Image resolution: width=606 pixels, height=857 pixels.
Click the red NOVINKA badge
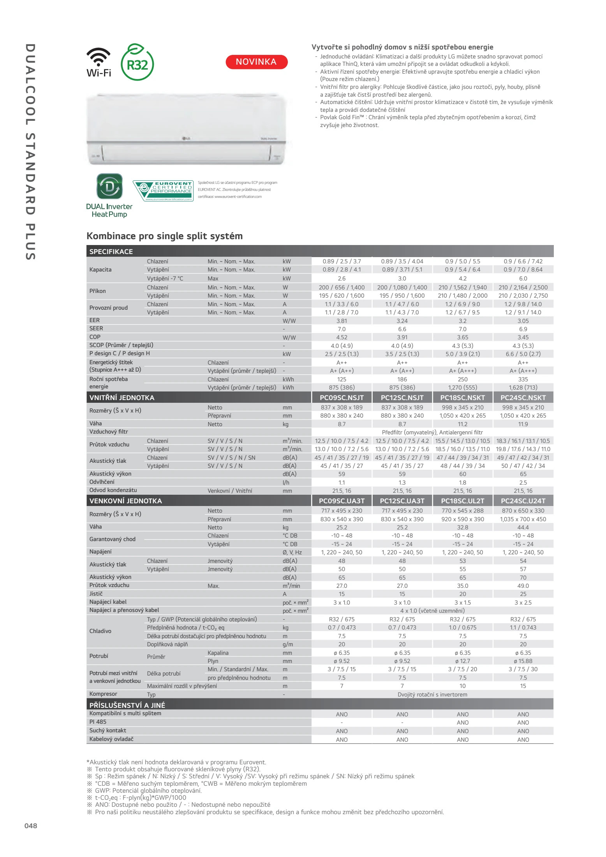256,62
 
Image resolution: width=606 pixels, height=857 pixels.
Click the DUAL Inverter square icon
109,187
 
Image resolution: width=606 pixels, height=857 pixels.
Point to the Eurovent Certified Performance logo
163,191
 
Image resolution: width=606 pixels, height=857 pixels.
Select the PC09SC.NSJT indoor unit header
342,398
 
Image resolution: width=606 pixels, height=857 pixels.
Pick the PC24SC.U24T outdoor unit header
523,501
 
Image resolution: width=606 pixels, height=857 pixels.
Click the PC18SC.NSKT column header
462,398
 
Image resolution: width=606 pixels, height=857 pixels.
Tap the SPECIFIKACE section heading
111,252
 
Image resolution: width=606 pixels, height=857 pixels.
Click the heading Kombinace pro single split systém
164,236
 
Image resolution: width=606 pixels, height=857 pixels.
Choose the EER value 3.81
342,321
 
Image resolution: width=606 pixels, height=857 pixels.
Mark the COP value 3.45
523,337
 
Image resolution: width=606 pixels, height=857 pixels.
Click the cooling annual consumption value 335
523,379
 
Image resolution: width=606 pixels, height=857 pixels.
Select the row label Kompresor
103,694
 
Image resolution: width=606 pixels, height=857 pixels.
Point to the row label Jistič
96,594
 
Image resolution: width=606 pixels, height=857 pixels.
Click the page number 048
31,825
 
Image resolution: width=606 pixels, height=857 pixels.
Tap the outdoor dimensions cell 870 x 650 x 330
523,511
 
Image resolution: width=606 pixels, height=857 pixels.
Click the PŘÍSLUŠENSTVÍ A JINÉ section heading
127,705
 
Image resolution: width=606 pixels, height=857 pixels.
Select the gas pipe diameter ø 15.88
523,661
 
